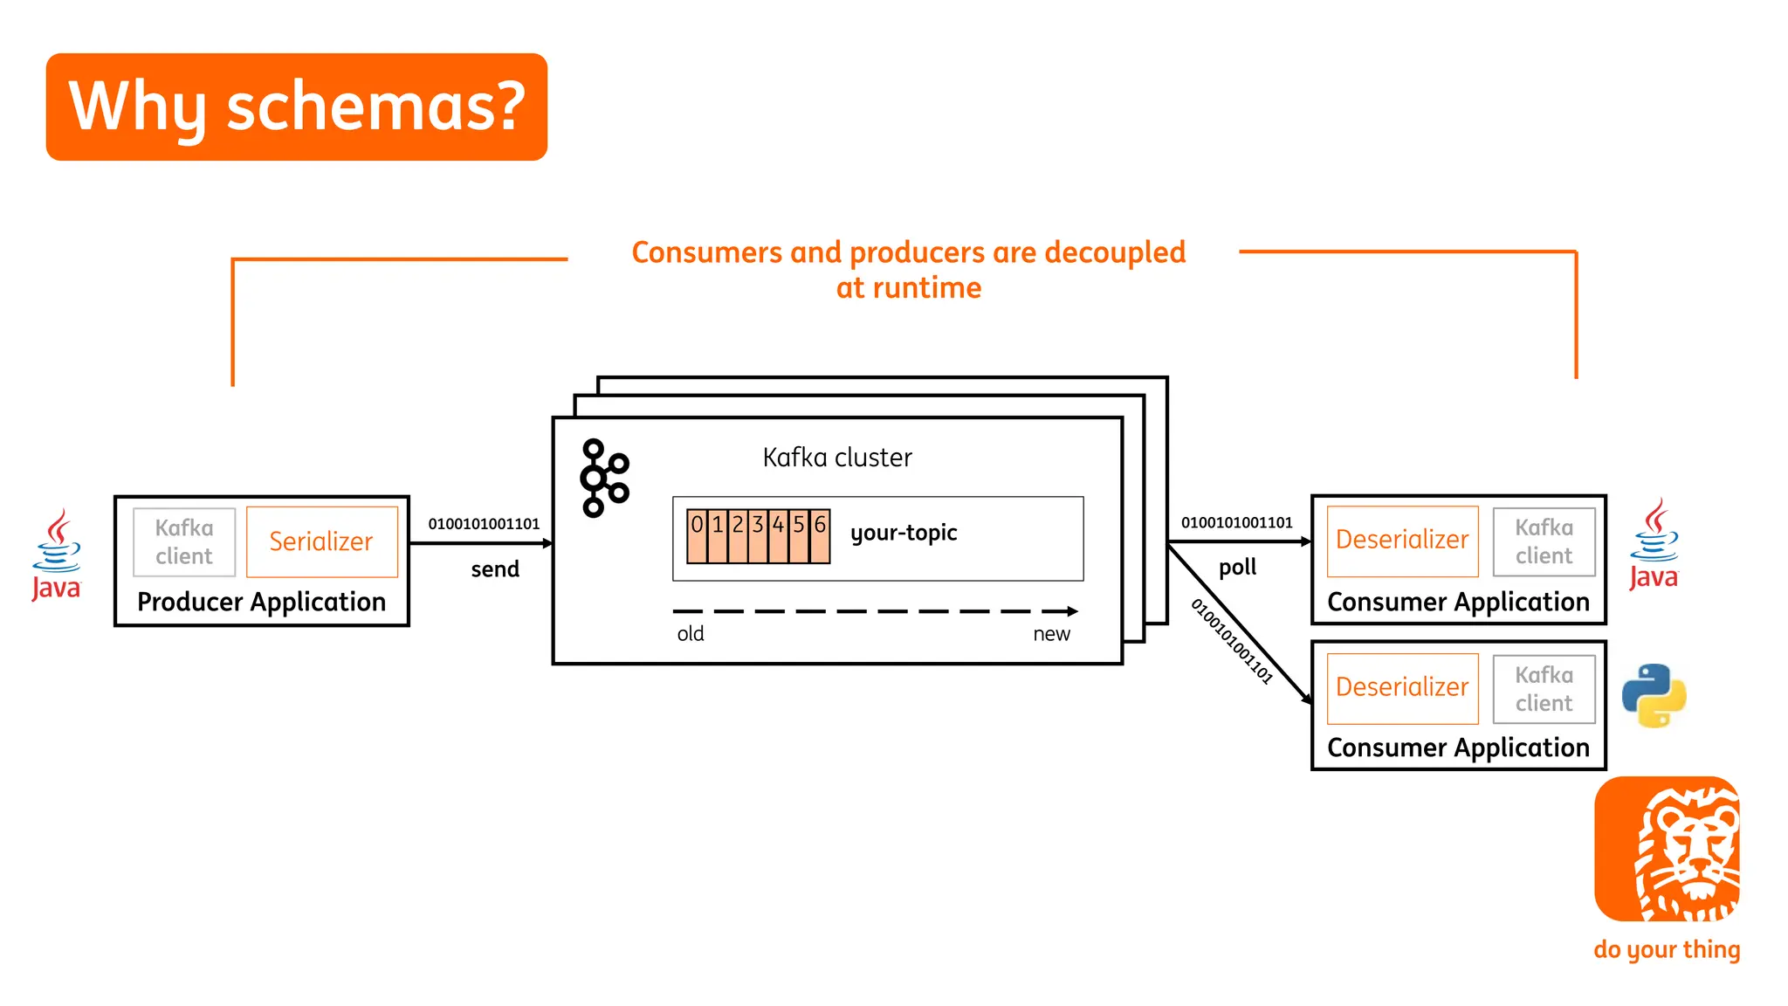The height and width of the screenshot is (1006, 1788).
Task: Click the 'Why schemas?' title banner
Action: point(297,107)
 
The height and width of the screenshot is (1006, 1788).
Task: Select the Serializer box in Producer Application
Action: point(321,541)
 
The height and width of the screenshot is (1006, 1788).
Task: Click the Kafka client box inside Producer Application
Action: point(184,541)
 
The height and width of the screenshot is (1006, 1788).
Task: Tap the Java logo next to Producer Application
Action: point(57,555)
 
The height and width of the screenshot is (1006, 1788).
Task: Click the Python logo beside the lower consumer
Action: point(1654,696)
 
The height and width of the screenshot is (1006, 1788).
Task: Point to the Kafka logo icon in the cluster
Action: point(604,478)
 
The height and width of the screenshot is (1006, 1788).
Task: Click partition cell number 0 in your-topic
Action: point(697,535)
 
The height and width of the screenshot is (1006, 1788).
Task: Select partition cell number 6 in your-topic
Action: point(820,535)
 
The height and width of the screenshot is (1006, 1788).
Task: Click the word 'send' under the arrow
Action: point(495,569)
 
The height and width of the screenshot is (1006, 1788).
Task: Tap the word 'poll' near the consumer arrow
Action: point(1237,568)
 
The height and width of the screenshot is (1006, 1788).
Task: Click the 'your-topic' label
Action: point(904,533)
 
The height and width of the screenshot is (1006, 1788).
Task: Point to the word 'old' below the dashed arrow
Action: point(691,634)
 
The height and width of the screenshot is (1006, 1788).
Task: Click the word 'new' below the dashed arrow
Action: point(1051,634)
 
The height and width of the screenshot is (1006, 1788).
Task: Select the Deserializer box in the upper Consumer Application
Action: point(1402,541)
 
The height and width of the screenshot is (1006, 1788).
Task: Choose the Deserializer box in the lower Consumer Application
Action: point(1402,688)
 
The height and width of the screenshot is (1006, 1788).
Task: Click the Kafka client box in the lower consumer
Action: point(1544,688)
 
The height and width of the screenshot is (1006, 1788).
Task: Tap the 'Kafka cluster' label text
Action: point(837,458)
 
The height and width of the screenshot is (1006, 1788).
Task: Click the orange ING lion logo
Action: point(1667,849)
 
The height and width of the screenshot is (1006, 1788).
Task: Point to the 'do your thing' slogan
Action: point(1667,949)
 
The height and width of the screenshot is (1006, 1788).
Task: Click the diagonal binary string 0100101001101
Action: point(1232,641)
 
